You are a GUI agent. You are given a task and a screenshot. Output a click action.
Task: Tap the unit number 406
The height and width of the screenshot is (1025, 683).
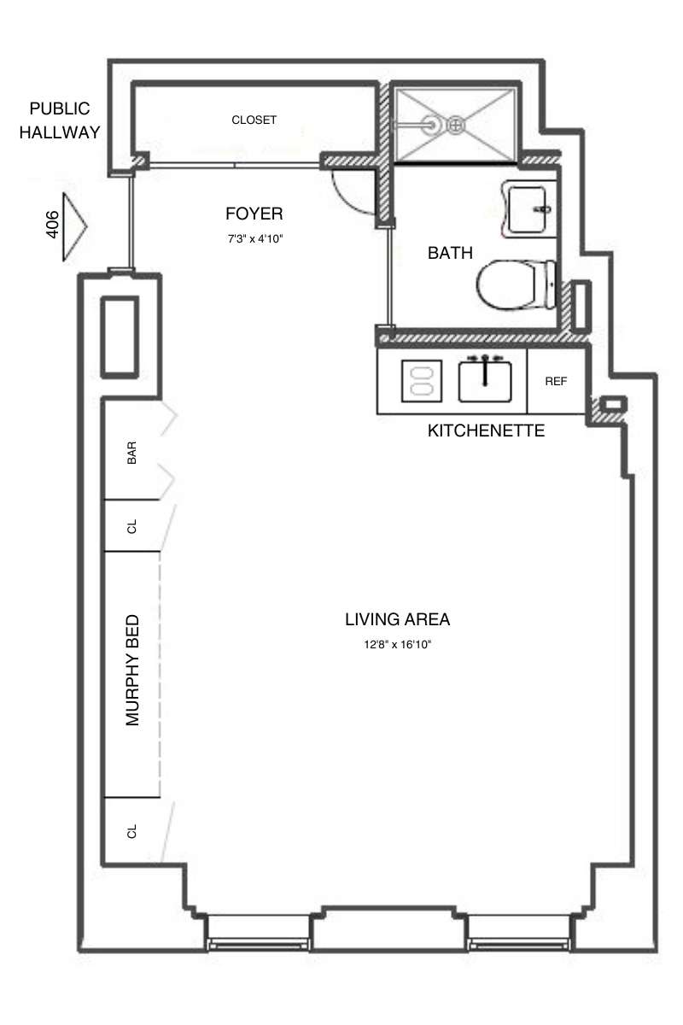52,225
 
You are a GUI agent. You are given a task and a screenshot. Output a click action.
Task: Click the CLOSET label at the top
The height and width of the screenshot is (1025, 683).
254,120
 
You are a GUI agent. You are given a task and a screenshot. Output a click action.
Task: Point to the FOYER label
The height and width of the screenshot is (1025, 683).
254,214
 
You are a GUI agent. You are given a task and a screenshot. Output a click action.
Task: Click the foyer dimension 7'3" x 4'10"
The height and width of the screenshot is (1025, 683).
254,240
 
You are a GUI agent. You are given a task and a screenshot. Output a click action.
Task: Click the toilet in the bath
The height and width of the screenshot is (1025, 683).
516,285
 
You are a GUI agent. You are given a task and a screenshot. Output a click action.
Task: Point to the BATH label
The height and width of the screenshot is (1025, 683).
450,253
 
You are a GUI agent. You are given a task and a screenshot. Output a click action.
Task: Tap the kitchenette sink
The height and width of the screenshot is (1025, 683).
485,380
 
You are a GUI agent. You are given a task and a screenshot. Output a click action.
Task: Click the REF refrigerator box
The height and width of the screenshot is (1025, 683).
556,382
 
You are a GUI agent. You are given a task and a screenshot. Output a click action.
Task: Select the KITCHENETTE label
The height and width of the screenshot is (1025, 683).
486,430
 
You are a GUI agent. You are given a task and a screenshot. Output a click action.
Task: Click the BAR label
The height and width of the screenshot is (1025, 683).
131,453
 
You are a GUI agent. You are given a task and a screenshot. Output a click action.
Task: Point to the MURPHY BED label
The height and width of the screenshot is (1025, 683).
132,671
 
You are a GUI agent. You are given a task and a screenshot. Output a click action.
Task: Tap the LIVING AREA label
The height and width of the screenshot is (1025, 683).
397,619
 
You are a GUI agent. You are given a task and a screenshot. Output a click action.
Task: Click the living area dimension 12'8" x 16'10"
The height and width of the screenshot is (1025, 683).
397,646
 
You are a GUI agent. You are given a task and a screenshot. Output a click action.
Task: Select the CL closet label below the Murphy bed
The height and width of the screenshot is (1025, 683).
131,831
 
